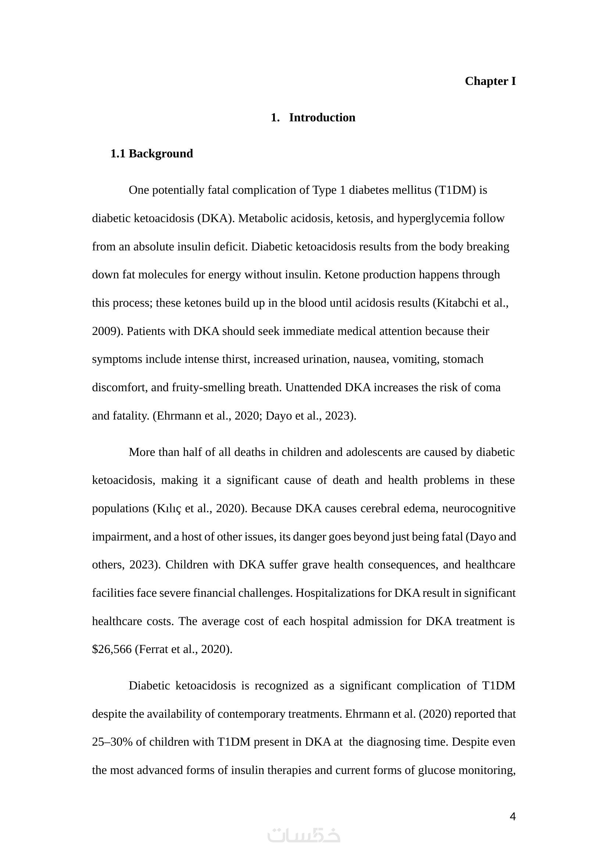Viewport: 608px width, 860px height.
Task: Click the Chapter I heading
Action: (x=490, y=81)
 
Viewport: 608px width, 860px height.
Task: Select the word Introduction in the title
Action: (x=322, y=118)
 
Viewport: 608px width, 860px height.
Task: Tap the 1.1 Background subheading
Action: (x=151, y=154)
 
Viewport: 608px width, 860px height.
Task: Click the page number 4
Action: (x=512, y=817)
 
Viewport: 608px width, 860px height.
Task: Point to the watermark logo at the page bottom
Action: (x=304, y=836)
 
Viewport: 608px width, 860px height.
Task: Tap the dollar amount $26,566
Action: (x=112, y=649)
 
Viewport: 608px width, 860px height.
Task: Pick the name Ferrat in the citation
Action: (x=154, y=649)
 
